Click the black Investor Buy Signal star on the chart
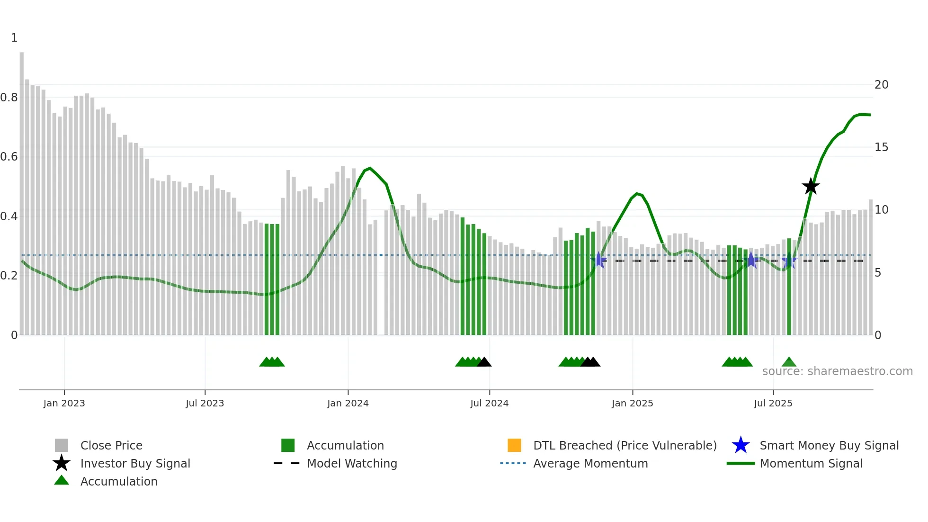(x=811, y=187)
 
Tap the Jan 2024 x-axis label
(x=348, y=403)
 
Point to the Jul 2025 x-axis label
(x=773, y=403)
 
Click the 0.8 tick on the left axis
(x=9, y=98)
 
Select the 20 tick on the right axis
(x=881, y=85)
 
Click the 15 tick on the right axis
(x=881, y=147)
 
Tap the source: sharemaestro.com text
(x=837, y=371)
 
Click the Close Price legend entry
(x=111, y=445)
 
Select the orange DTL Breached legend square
(x=514, y=445)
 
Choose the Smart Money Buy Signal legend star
(x=741, y=445)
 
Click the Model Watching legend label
(x=352, y=463)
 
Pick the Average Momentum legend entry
(x=590, y=463)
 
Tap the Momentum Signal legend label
(x=811, y=463)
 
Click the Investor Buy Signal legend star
(x=62, y=463)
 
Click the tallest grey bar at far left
(x=22, y=189)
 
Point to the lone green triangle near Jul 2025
(x=789, y=362)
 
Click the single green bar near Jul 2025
(x=789, y=284)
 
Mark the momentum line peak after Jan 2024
(x=370, y=168)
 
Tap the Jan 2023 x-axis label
(x=64, y=403)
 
